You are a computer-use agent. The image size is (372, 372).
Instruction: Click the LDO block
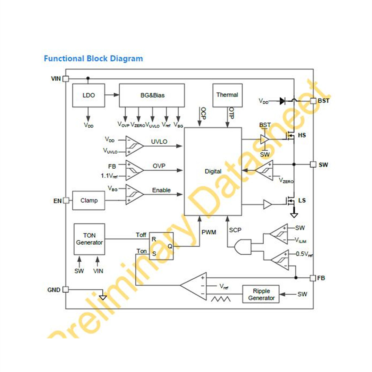pos(88,95)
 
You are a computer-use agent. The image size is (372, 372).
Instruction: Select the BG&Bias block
pos(152,95)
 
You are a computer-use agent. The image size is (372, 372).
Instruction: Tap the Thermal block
pos(228,95)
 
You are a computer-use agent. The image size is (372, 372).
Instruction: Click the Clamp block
pos(88,201)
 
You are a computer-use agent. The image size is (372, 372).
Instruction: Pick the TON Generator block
pos(89,239)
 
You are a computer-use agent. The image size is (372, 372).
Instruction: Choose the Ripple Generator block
pos(261,294)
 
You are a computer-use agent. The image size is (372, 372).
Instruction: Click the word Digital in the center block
pos(213,171)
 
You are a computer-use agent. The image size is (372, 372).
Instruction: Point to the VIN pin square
pos(66,78)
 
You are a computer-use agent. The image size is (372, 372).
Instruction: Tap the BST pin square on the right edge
pos(313,101)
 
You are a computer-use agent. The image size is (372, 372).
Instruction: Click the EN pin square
pos(66,201)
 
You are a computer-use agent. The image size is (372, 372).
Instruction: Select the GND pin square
pos(66,289)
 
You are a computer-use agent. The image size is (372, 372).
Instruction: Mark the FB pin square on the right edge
pos(313,278)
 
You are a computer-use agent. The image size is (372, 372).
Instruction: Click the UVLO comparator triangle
pos(134,146)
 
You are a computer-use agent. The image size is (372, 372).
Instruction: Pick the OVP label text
pos(159,166)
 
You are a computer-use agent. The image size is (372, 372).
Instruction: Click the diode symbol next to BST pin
pos(282,101)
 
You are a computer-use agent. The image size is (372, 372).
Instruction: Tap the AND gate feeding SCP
pos(243,247)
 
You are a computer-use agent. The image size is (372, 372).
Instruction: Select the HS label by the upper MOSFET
pos(302,135)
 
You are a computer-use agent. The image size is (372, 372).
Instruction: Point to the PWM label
pos(209,232)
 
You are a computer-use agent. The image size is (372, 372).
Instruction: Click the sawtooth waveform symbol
pos(221,299)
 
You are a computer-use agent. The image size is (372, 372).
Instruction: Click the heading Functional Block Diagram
pos(93,59)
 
